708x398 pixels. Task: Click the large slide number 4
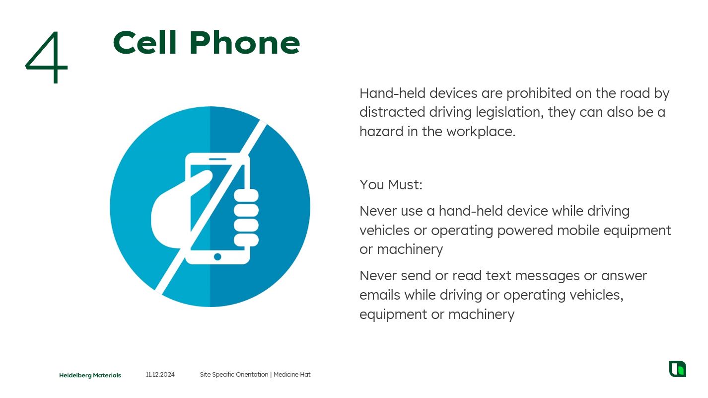pos(47,57)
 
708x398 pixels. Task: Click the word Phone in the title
pos(245,43)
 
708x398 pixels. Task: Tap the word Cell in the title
pos(144,43)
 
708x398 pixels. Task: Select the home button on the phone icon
pos(217,256)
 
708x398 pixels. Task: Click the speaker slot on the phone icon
pos(218,159)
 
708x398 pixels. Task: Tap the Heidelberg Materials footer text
pos(90,375)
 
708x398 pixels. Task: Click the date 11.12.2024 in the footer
pos(160,375)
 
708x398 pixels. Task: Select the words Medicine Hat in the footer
pos(292,375)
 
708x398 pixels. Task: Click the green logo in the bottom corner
pos(678,369)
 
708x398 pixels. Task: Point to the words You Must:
pos(391,185)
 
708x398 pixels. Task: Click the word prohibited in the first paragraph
pos(539,93)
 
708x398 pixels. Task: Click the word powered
pos(525,231)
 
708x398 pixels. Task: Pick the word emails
pos(380,295)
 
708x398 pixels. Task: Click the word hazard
pos(381,132)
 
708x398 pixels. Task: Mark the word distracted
pos(392,112)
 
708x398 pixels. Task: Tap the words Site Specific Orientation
pos(234,375)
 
